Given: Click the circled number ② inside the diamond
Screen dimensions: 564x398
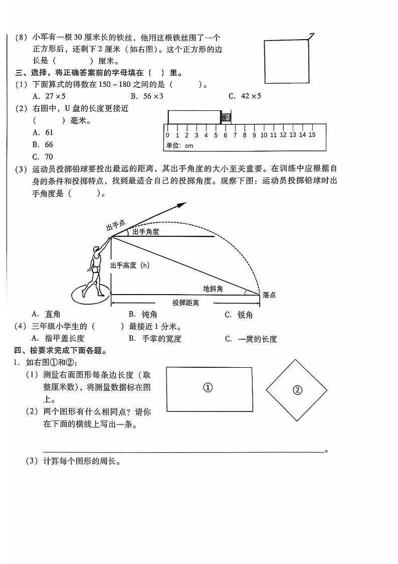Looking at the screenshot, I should [x=297, y=390].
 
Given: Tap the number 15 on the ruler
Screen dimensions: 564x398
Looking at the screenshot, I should [x=311, y=134].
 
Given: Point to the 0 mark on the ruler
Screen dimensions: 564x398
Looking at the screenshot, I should [x=167, y=134].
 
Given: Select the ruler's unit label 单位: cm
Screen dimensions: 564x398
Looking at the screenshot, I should [x=179, y=146].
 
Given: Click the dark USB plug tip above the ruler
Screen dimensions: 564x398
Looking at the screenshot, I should [x=226, y=117].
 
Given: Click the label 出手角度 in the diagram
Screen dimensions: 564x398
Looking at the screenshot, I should [x=145, y=231].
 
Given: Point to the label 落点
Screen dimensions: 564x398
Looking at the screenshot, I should [x=269, y=295].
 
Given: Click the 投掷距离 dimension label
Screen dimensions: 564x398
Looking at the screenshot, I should [x=186, y=303].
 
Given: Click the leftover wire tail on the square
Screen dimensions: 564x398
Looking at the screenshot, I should [x=311, y=36].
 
